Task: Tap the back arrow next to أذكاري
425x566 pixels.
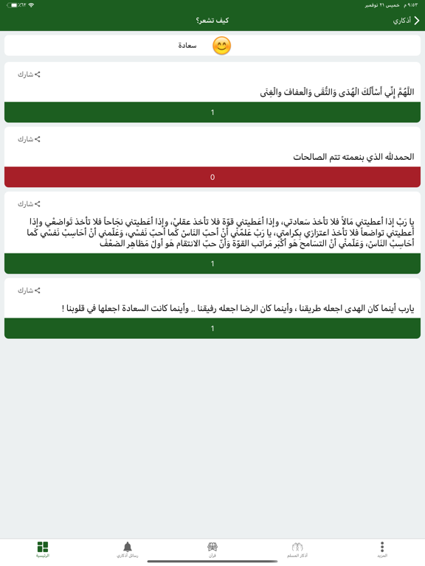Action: coord(416,21)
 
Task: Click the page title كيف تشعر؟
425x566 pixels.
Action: coord(212,21)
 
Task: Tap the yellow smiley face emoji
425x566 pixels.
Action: coord(221,46)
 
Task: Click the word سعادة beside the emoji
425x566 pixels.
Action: coord(187,46)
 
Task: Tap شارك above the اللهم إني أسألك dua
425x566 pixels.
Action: coord(30,74)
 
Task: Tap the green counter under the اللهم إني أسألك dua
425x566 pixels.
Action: coord(212,112)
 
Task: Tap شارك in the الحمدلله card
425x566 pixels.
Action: coord(30,139)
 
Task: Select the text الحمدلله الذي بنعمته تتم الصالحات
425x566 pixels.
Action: coord(353,157)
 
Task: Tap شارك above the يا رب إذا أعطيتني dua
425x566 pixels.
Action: coord(30,204)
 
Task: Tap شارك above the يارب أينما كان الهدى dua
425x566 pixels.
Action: coord(30,290)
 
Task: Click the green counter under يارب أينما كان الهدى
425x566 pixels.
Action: coord(212,328)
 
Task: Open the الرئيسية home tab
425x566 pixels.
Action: coord(43,549)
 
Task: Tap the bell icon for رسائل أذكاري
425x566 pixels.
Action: coord(128,547)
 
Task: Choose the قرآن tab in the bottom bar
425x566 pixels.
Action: coord(212,549)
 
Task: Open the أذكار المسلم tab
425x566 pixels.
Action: coord(297,549)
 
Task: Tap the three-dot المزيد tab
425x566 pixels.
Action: coord(382,549)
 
